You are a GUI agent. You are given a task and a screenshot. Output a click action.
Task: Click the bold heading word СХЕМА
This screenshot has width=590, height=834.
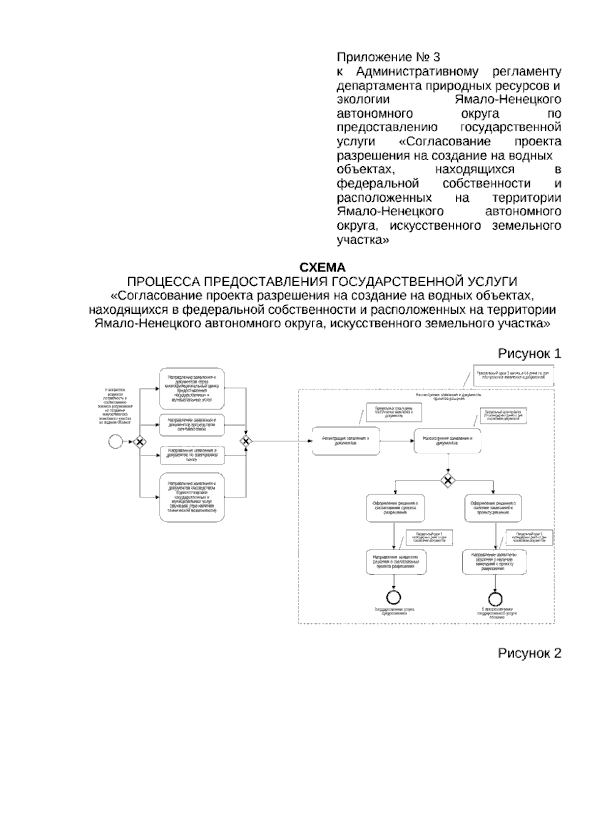(x=323, y=268)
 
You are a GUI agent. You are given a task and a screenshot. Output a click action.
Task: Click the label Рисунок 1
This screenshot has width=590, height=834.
(x=530, y=354)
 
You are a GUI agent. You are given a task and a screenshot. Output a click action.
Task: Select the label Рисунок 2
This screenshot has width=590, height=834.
(x=530, y=654)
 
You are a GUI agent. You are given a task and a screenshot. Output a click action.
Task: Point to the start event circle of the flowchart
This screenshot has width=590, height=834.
(x=115, y=442)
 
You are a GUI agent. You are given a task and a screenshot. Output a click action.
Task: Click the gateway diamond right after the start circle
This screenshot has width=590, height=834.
(x=140, y=442)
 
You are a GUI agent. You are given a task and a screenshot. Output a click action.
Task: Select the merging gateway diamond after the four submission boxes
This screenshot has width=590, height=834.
(x=245, y=441)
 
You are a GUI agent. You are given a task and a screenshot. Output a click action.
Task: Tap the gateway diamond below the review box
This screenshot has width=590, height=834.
(x=447, y=480)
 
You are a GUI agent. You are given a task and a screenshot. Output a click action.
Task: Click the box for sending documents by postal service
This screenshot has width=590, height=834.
(x=192, y=425)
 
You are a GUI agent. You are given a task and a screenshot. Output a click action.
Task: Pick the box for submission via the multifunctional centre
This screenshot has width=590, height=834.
(x=192, y=388)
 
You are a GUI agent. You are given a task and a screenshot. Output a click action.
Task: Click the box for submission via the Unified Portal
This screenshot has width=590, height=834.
(x=192, y=497)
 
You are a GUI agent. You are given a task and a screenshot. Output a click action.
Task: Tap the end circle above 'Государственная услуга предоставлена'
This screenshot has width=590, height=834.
(x=394, y=597)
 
